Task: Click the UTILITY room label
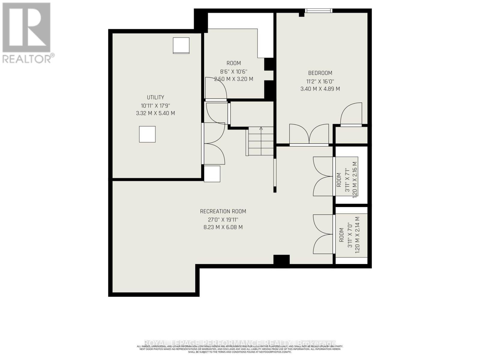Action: (155, 97)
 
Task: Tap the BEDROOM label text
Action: (320, 73)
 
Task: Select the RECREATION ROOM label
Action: (223, 211)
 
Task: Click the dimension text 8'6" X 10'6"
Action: (233, 71)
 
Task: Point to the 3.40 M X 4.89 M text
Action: (320, 89)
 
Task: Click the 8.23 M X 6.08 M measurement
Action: (223, 227)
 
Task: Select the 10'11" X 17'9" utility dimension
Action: (155, 105)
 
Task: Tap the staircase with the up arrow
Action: (261, 141)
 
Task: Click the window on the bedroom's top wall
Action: (319, 10)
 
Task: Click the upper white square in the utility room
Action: (181, 46)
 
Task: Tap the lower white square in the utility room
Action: (147, 134)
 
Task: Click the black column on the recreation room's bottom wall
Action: (281, 260)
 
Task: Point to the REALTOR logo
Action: (27, 33)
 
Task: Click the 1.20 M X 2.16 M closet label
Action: (355, 179)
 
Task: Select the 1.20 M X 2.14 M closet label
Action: (357, 235)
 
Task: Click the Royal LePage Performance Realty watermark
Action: (240, 343)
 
